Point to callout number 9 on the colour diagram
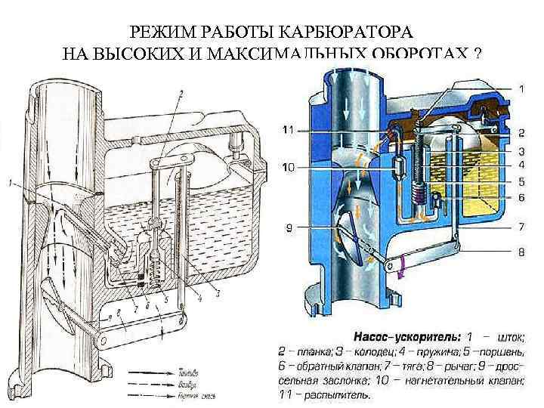click(x=290, y=226)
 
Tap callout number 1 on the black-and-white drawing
click(x=9, y=182)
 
